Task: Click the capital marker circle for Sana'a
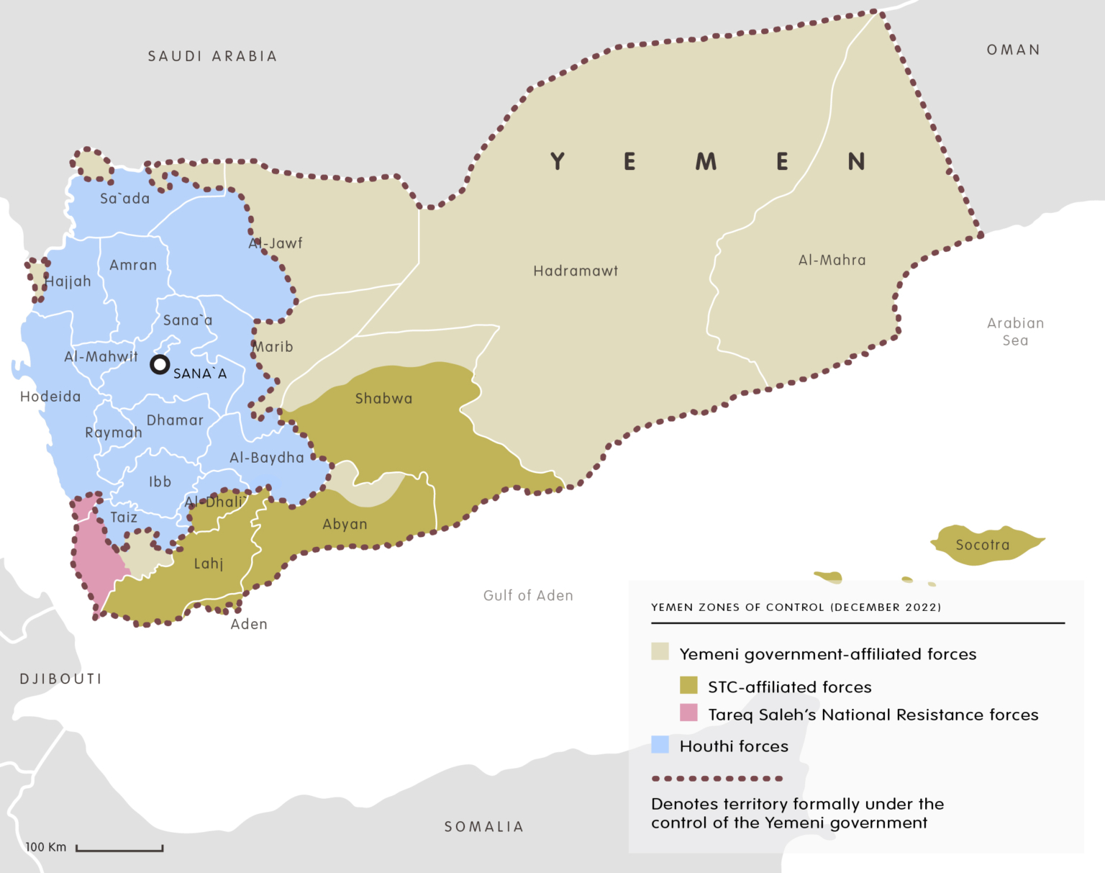159,364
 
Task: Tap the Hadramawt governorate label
576,271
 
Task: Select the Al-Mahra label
832,261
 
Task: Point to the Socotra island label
982,546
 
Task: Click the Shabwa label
383,399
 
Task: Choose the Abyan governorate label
345,525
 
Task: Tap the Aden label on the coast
249,625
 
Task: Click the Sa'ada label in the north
124,199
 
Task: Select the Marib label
273,347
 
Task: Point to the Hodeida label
50,397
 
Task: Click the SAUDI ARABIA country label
212,56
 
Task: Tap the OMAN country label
1013,50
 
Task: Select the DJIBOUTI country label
60,679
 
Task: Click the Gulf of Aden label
528,596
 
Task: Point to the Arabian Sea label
1015,332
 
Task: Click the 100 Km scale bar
119,849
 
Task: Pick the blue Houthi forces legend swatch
660,745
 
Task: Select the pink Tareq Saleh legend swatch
688,713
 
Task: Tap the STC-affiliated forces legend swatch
688,685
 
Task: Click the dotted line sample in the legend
717,779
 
